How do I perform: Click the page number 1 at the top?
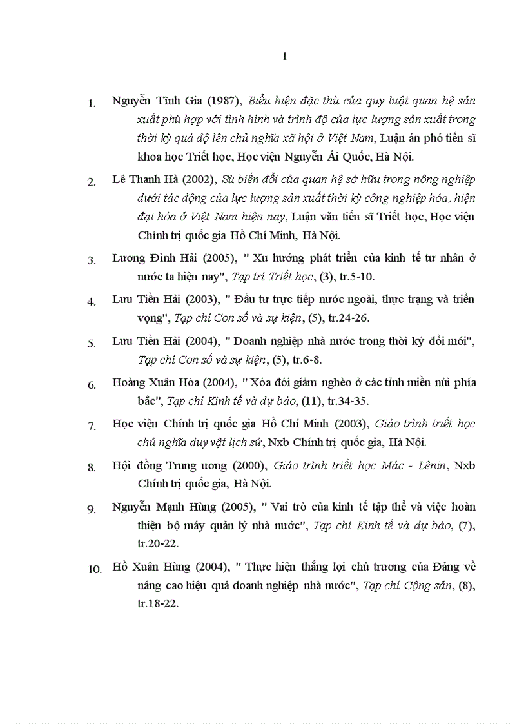click(x=284, y=57)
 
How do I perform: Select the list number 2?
click(x=92, y=181)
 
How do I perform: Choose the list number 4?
click(x=92, y=301)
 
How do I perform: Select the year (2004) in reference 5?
click(x=208, y=341)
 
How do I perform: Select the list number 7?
click(x=92, y=426)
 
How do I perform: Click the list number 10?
click(x=94, y=569)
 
